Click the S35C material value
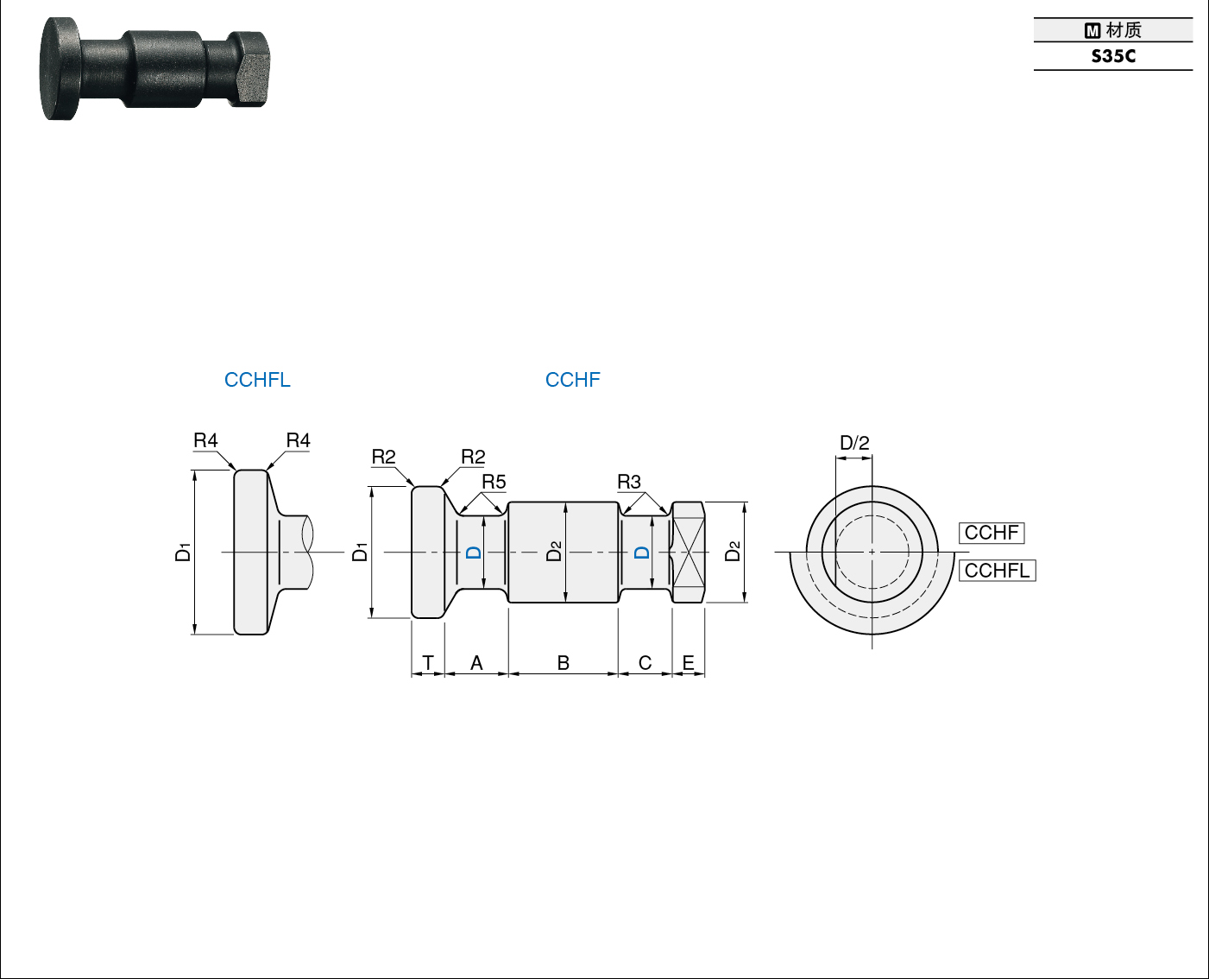(x=1113, y=56)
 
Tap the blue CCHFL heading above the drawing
(x=257, y=380)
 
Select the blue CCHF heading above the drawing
(x=572, y=380)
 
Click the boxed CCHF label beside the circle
(x=991, y=533)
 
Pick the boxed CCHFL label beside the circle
(x=998, y=570)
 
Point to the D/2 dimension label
(x=854, y=443)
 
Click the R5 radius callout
(x=494, y=482)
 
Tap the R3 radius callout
(x=629, y=482)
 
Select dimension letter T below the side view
(x=428, y=663)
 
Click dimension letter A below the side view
(x=477, y=663)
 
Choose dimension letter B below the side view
(x=563, y=663)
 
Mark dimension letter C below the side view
(x=645, y=663)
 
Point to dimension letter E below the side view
(x=688, y=663)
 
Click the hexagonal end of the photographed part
(x=249, y=69)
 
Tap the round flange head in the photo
(x=60, y=69)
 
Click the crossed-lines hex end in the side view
(x=688, y=552)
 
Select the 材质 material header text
(x=1124, y=30)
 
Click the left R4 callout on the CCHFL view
(x=205, y=440)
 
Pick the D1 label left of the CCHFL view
(x=183, y=553)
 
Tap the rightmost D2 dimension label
(x=733, y=552)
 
